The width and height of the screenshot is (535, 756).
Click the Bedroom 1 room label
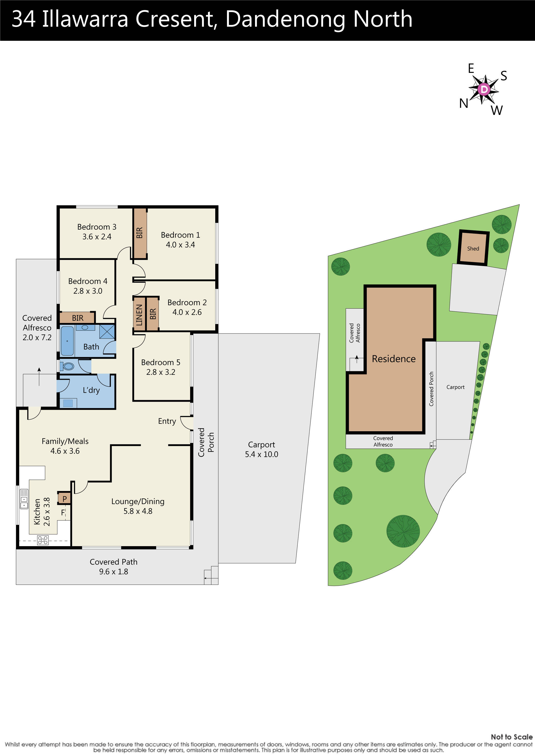pyautogui.click(x=180, y=235)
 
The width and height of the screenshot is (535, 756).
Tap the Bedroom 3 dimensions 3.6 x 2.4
pyautogui.click(x=97, y=237)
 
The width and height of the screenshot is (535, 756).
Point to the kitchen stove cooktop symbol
pyautogui.click(x=43, y=540)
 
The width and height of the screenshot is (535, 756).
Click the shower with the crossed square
pyautogui.click(x=107, y=332)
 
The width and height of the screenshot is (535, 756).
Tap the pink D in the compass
pyautogui.click(x=484, y=89)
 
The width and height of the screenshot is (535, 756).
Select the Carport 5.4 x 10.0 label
pyautogui.click(x=261, y=449)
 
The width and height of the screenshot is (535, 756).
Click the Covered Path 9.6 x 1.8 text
pyautogui.click(x=113, y=567)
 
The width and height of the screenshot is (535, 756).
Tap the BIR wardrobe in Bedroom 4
pyautogui.click(x=78, y=318)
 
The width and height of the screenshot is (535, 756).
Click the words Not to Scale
pyautogui.click(x=511, y=737)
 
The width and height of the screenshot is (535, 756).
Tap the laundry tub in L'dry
pyautogui.click(x=68, y=403)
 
